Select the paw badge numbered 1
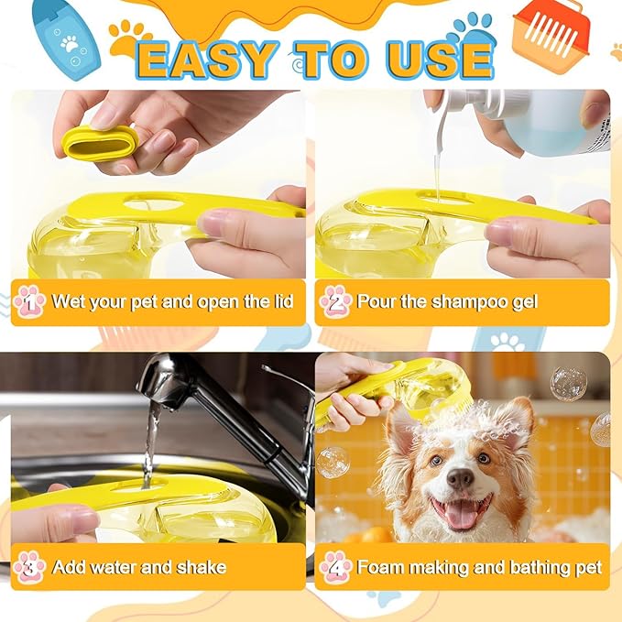pyautogui.click(x=29, y=301)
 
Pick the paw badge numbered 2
pyautogui.click(x=336, y=301)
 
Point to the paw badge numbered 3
pyautogui.click(x=29, y=565)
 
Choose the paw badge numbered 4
pyautogui.click(x=336, y=565)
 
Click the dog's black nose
pyautogui.click(x=460, y=478)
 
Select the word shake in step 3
pyautogui.click(x=197, y=566)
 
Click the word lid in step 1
pyautogui.click(x=281, y=301)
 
